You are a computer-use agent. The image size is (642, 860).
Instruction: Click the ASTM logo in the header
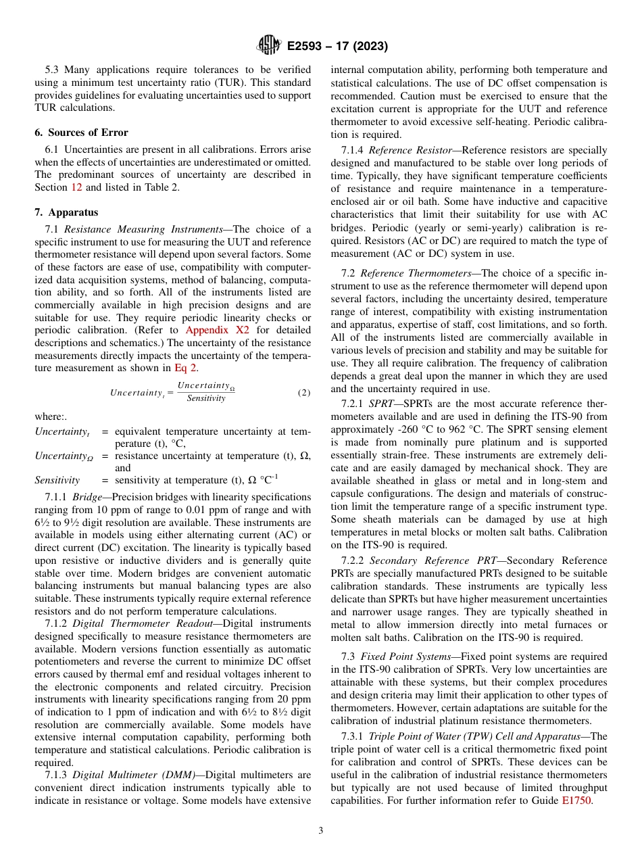[x=269, y=46]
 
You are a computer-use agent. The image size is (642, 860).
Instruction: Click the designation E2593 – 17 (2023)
[x=337, y=47]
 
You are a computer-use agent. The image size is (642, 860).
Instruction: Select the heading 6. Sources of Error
[x=81, y=133]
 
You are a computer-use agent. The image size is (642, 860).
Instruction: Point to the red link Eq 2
[x=186, y=368]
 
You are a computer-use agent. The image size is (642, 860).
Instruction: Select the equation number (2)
[x=304, y=393]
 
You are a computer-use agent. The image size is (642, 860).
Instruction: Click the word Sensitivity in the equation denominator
[x=206, y=399]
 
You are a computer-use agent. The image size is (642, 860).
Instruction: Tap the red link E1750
[x=578, y=799]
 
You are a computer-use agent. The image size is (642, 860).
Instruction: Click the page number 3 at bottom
[x=321, y=831]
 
